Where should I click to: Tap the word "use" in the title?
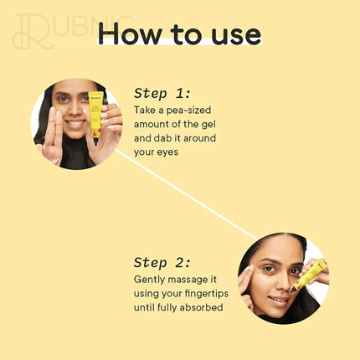pos(236,36)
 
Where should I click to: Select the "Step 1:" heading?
pos(162,93)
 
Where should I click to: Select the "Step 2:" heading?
pos(162,263)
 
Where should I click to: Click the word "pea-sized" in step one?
pos(188,111)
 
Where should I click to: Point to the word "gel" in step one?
pos(208,125)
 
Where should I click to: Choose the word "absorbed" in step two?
pos(201,307)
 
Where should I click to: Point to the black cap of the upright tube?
pos(95,141)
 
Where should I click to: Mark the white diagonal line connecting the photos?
pos(187,195)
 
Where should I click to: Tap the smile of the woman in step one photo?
pos(75,123)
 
